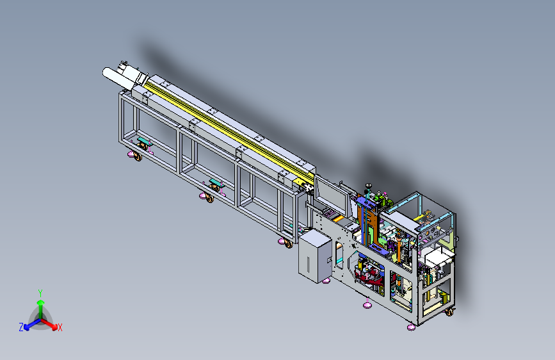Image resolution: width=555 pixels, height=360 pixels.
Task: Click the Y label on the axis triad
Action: point(40,293)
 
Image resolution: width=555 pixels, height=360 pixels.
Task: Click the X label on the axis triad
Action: point(60,328)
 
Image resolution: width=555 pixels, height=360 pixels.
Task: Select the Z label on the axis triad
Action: point(21,327)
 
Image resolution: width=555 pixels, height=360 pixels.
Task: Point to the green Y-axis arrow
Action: point(41,309)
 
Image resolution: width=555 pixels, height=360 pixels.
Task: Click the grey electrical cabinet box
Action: point(315,256)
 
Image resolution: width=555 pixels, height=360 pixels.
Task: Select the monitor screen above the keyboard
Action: point(332,195)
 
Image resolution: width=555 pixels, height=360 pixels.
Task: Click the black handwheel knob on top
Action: point(368,185)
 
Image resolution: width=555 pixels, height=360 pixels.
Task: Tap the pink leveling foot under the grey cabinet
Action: point(326,281)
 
